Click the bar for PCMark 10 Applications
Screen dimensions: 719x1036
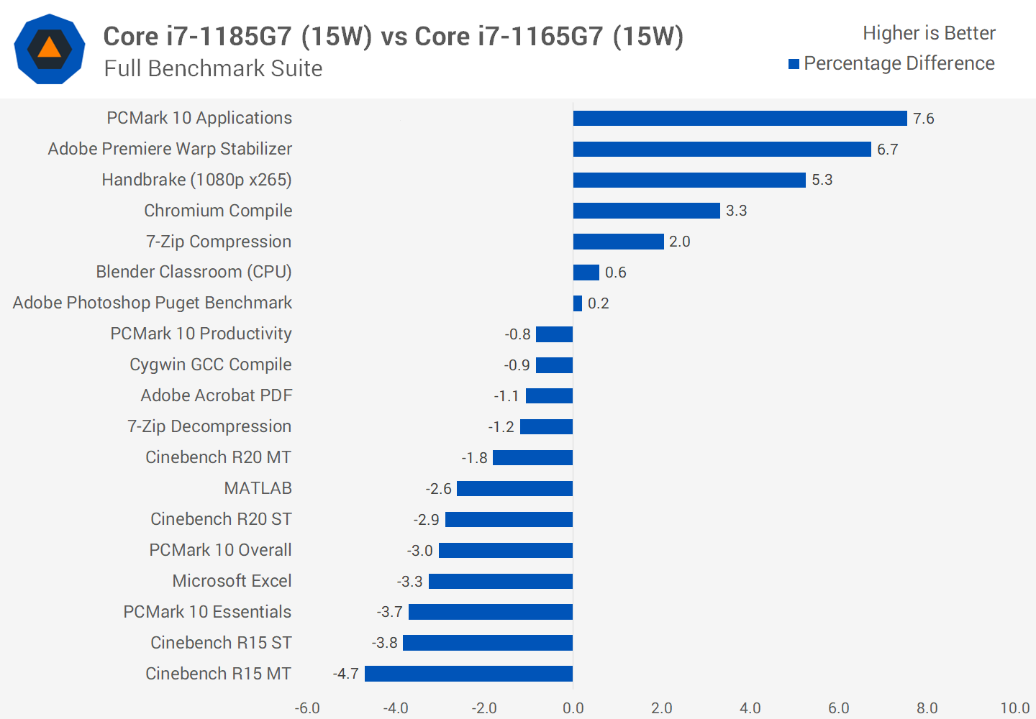point(740,119)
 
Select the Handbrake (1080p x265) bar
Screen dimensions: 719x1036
point(689,180)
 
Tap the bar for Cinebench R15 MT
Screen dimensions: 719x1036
point(468,674)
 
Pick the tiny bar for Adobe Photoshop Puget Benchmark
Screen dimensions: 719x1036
point(578,303)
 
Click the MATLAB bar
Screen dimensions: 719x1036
point(514,489)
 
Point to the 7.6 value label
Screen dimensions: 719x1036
point(923,119)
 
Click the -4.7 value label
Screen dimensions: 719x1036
point(345,674)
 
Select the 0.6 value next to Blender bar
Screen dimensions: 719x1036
point(615,273)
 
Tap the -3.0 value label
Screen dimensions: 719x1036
point(419,551)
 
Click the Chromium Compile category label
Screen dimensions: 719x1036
point(218,211)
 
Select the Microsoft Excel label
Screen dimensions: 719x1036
point(232,581)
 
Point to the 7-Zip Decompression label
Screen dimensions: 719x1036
point(209,426)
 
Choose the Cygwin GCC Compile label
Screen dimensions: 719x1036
point(210,365)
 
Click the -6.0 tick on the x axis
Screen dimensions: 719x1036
point(307,708)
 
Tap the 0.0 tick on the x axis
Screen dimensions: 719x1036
point(573,708)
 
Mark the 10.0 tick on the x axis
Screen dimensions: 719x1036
point(1014,708)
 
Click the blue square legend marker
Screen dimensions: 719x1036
point(794,64)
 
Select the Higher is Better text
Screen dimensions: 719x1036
point(929,33)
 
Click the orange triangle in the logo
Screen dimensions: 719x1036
point(49,48)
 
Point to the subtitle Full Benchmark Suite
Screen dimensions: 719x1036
point(213,68)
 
